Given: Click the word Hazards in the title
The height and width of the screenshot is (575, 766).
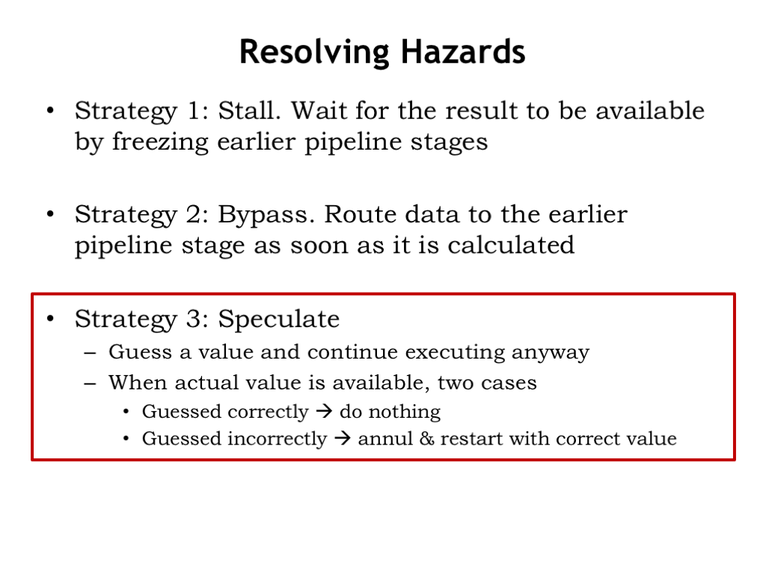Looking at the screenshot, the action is [x=463, y=52].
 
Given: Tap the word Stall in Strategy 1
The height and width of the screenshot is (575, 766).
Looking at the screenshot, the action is [x=249, y=110].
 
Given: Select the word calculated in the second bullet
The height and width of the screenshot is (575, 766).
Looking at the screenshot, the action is [x=511, y=245].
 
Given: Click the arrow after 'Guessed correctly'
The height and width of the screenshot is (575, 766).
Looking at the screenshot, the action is [x=324, y=411].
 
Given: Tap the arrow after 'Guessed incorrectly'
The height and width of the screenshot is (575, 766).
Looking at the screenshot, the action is [x=343, y=438].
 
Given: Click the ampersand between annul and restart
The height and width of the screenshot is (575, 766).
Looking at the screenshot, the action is [x=426, y=438].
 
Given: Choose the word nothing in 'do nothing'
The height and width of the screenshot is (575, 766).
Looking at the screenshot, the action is [x=405, y=413].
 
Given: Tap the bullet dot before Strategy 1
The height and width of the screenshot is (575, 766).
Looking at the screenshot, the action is [x=50, y=111].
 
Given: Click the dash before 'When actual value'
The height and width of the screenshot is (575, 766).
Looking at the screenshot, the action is [x=90, y=383].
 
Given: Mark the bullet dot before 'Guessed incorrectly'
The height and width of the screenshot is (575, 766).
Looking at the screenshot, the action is [x=126, y=438].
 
